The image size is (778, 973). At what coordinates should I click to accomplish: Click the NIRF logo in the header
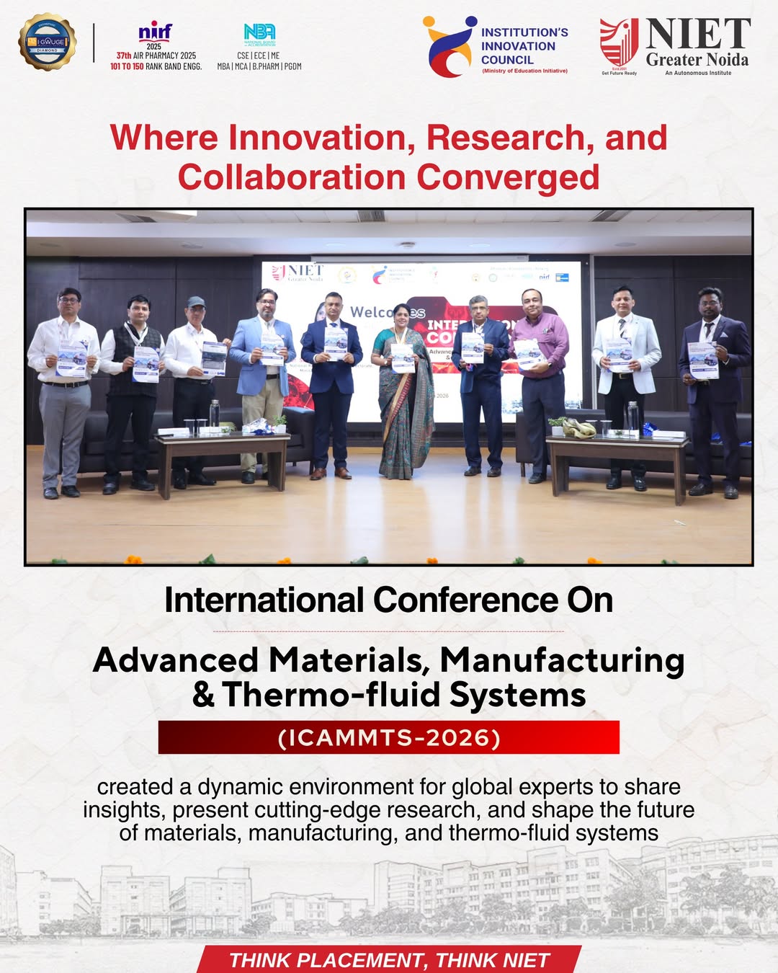point(155,32)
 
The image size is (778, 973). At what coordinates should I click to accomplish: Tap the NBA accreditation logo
point(259,33)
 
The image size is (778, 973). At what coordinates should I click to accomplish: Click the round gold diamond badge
point(48,42)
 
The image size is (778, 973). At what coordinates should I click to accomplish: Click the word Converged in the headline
point(508,177)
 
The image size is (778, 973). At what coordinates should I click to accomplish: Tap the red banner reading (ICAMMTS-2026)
point(389,738)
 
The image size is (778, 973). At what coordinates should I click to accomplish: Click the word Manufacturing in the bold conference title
point(562,659)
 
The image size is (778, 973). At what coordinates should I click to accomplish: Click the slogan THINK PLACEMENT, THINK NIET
point(389,960)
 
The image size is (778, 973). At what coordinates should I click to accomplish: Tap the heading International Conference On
point(389,600)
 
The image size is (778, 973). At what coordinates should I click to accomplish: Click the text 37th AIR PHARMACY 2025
point(156,55)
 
